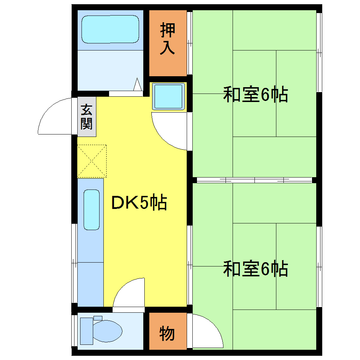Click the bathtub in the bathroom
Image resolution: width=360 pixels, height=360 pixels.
tap(110, 29)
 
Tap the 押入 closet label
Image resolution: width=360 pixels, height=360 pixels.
tap(168, 39)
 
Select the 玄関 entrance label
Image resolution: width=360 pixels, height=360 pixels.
tap(86, 117)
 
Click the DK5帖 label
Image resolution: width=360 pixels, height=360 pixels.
tap(139, 203)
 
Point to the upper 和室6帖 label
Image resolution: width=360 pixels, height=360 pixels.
tap(256, 95)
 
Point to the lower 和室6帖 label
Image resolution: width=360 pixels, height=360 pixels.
tap(256, 269)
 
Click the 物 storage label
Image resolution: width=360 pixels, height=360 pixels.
tap(167, 333)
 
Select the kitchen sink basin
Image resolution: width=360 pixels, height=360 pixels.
tap(91, 210)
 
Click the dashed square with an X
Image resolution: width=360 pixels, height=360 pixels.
tap(91, 161)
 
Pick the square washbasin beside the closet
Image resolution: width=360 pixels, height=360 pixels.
tap(168, 96)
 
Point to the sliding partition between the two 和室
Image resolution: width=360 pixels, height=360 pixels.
tap(254, 180)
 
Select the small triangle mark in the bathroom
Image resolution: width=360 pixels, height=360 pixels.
tap(138, 85)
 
